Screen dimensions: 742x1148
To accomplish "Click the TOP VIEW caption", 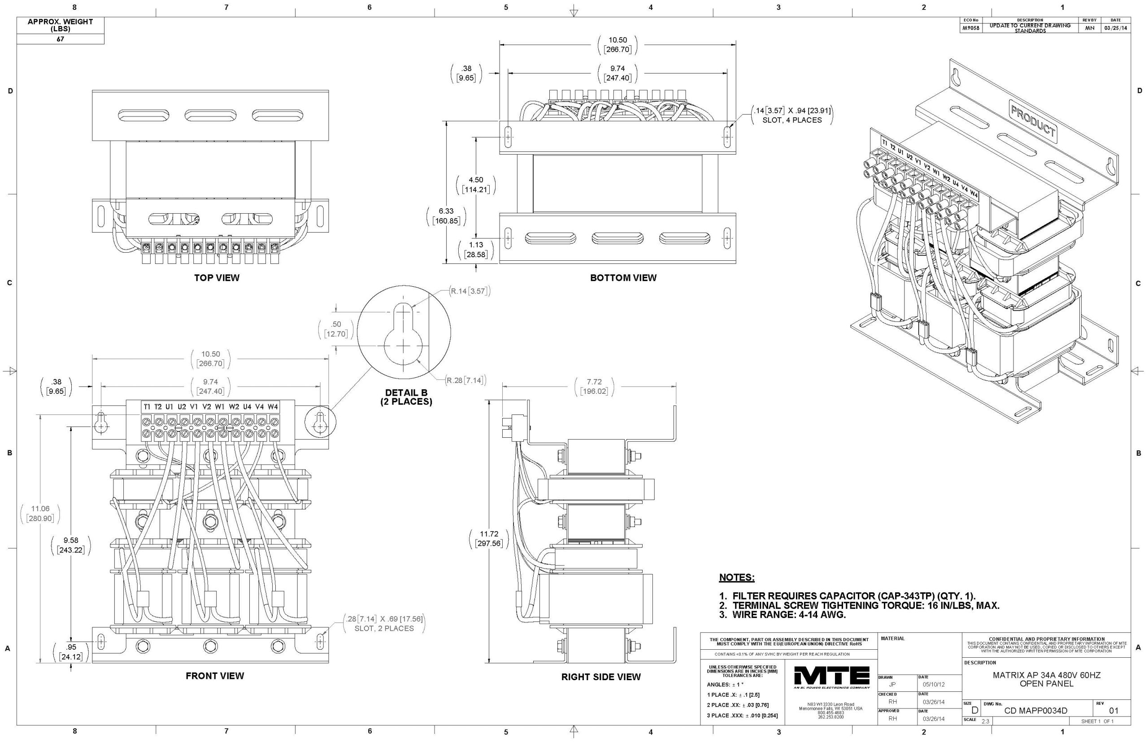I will (217, 277).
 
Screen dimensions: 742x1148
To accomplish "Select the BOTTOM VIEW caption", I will (623, 277).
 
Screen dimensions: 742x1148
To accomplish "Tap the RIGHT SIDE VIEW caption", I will (601, 677).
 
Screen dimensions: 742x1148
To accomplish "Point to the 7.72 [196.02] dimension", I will (594, 386).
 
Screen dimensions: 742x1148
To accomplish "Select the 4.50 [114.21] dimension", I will (475, 185).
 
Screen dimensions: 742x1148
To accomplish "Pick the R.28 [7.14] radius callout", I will (466, 380).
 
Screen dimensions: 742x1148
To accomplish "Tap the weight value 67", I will (60, 39).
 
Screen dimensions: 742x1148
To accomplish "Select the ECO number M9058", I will (970, 28).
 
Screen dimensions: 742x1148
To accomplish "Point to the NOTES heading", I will (736, 577).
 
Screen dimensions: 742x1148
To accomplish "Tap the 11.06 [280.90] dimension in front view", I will (40, 513).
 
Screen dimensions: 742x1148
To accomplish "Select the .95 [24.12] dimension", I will (71, 652).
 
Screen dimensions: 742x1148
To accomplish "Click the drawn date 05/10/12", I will (934, 684).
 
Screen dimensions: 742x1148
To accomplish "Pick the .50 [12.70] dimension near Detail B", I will (335, 328).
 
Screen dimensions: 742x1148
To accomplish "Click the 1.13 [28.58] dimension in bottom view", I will (476, 249).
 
